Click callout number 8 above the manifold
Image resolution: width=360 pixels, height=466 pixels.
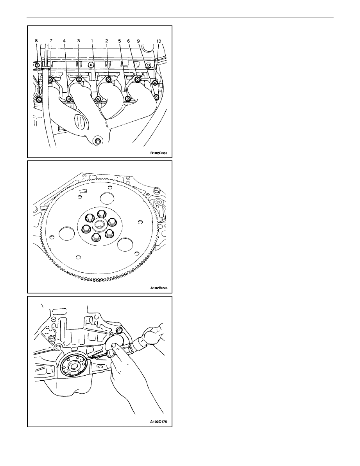36,41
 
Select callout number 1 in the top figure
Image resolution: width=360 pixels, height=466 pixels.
92,41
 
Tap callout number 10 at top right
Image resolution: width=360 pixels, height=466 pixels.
158,41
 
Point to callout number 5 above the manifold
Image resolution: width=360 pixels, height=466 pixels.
120,41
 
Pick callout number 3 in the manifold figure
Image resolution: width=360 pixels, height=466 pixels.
78,41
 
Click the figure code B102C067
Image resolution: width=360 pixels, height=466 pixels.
159,153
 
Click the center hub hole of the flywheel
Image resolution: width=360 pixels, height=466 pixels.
98,226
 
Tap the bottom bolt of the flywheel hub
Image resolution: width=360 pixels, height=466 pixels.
95,237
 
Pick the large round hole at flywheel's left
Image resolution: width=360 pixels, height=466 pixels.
66,233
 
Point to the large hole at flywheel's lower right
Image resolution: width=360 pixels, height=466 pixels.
125,245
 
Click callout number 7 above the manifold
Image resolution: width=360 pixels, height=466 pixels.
50,41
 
